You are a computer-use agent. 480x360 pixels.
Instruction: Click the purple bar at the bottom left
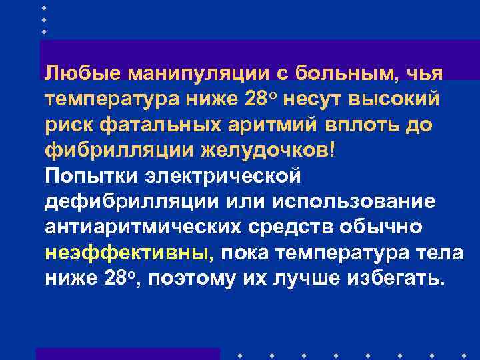[127, 353]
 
